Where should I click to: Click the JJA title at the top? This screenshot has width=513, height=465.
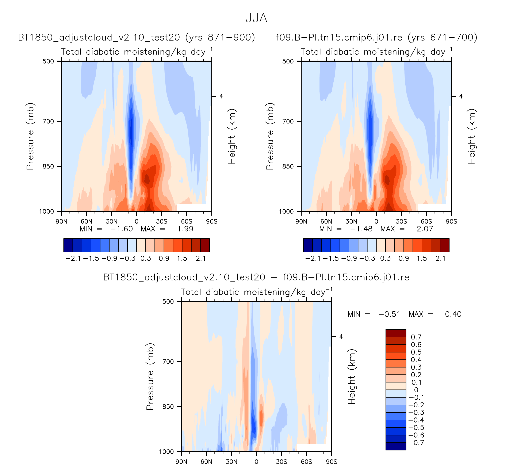pyautogui.click(x=256, y=18)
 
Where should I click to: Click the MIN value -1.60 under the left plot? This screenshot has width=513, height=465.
pyautogui.click(x=121, y=229)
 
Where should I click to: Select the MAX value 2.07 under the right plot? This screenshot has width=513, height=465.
pyautogui.click(x=425, y=229)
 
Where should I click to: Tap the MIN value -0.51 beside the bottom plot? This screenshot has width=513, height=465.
pyautogui.click(x=389, y=314)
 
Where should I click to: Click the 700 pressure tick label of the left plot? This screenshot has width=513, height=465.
pyautogui.click(x=48, y=121)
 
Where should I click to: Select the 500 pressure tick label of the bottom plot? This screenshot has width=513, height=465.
pyautogui.click(x=168, y=301)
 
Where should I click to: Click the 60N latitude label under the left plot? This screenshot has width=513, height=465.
pyautogui.click(x=87, y=221)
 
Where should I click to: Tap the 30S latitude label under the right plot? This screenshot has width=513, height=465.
pyautogui.click(x=401, y=221)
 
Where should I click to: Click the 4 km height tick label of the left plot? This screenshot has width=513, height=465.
pyautogui.click(x=221, y=96)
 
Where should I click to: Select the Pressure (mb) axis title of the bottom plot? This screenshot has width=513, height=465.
pyautogui.click(x=150, y=377)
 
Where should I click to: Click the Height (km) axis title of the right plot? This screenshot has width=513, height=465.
pyautogui.click(x=471, y=136)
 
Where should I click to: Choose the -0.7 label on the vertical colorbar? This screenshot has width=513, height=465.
pyautogui.click(x=416, y=443)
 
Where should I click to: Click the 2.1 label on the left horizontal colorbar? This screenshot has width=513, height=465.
pyautogui.click(x=201, y=259)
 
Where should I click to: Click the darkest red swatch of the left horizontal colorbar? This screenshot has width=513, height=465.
pyautogui.click(x=205, y=245)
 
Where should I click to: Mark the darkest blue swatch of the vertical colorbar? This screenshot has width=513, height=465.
pyautogui.click(x=396, y=446)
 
